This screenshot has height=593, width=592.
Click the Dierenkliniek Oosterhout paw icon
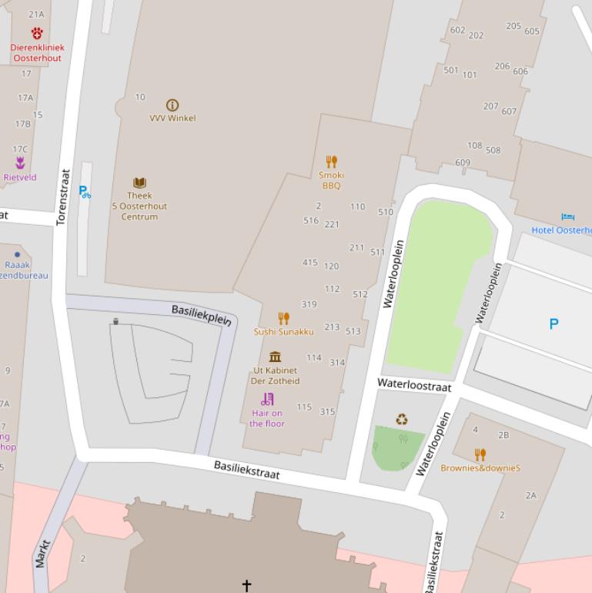tap(37, 32)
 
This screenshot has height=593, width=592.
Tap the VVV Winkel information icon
tap(172, 105)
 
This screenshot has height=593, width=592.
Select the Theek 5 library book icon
tap(139, 183)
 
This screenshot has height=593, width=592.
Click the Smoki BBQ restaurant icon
tap(332, 162)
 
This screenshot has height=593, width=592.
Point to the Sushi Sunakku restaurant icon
tap(283, 318)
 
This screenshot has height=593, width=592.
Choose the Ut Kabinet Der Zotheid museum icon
tap(275, 357)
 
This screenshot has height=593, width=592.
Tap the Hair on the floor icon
tap(267, 399)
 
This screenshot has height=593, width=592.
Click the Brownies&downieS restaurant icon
tap(480, 454)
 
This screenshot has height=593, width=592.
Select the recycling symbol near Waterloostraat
tap(402, 420)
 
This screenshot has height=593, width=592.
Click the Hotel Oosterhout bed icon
tap(568, 217)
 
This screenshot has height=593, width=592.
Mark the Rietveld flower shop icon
tap(20, 163)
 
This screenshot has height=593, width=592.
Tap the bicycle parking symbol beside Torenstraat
tap(85, 191)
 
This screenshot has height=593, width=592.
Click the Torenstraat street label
tap(64, 197)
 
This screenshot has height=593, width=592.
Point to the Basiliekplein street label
tap(201, 315)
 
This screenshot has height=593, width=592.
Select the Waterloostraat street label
tap(414, 385)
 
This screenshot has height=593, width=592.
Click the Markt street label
tap(42, 554)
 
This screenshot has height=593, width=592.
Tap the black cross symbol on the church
tap(246, 585)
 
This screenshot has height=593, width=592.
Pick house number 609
tap(463, 162)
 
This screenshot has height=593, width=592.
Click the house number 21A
tap(36, 14)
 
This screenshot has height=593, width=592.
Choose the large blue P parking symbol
tap(554, 324)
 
